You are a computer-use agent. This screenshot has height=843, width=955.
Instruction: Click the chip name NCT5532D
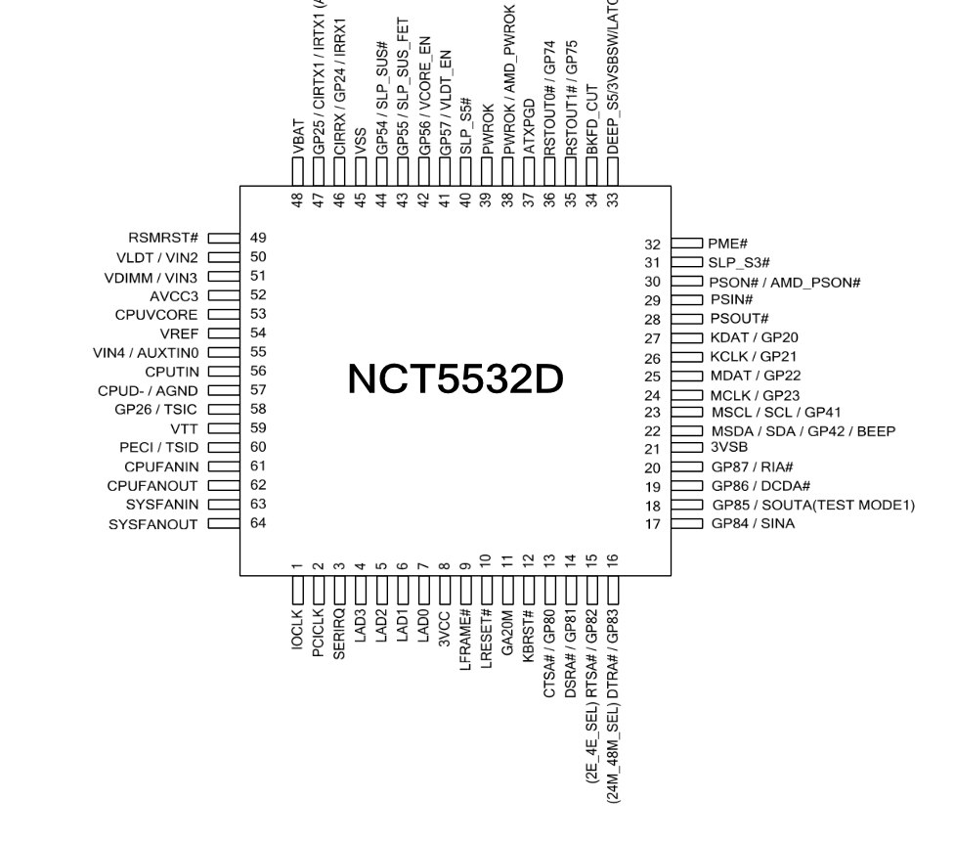coord(456,379)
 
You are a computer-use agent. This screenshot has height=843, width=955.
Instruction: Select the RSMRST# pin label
coord(163,238)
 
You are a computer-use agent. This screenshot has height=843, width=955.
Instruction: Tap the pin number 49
coord(259,238)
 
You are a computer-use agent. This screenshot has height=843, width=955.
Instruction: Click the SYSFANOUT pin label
coord(153,525)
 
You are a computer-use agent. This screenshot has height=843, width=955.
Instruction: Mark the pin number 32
coord(653,244)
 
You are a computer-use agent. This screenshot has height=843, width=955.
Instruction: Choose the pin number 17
coord(653,525)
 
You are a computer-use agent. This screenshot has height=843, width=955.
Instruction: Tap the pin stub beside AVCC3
coord(224,294)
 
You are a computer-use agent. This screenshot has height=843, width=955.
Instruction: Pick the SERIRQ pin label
coord(339,635)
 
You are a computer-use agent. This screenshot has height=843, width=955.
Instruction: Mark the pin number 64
coord(259,524)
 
